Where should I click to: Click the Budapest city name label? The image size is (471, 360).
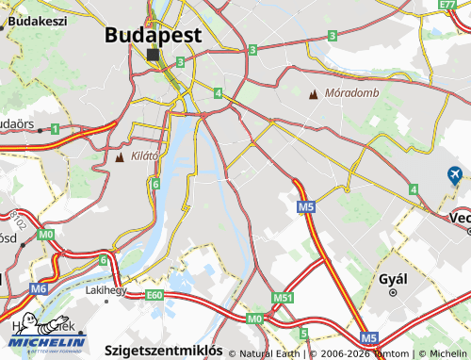153,34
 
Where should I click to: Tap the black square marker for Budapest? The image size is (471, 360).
154,56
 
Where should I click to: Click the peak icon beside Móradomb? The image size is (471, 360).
314,93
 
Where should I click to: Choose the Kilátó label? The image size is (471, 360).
145,156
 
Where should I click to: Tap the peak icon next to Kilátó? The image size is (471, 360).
120,156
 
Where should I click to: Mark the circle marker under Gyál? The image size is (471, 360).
391,294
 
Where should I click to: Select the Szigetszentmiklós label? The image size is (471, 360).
163,349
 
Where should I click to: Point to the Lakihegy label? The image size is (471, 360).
106,291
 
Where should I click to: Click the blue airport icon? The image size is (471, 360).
455,174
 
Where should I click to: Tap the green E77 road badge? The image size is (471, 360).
448,5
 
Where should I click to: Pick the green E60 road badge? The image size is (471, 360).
155,296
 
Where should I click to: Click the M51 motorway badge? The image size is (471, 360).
284,299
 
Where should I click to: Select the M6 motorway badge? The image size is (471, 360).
39,289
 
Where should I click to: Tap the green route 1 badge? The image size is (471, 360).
56,128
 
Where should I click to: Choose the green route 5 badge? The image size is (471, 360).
303,334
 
